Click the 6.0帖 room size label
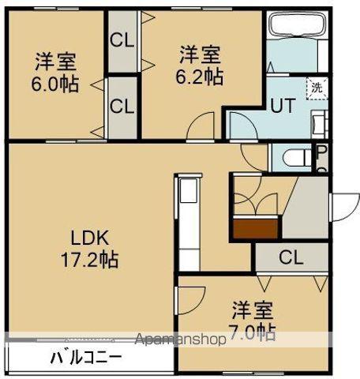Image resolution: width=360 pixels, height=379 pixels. [x=57, y=84]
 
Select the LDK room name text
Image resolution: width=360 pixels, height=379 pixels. [x=89, y=237]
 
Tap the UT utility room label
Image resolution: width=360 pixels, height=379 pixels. [x=283, y=104]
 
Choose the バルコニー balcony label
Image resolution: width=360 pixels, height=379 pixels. [x=87, y=357]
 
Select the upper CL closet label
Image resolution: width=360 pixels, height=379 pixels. [x=122, y=39]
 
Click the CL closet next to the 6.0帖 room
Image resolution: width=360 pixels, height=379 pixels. [x=122, y=105]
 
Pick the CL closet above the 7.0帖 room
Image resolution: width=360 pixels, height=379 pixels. [x=291, y=257]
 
